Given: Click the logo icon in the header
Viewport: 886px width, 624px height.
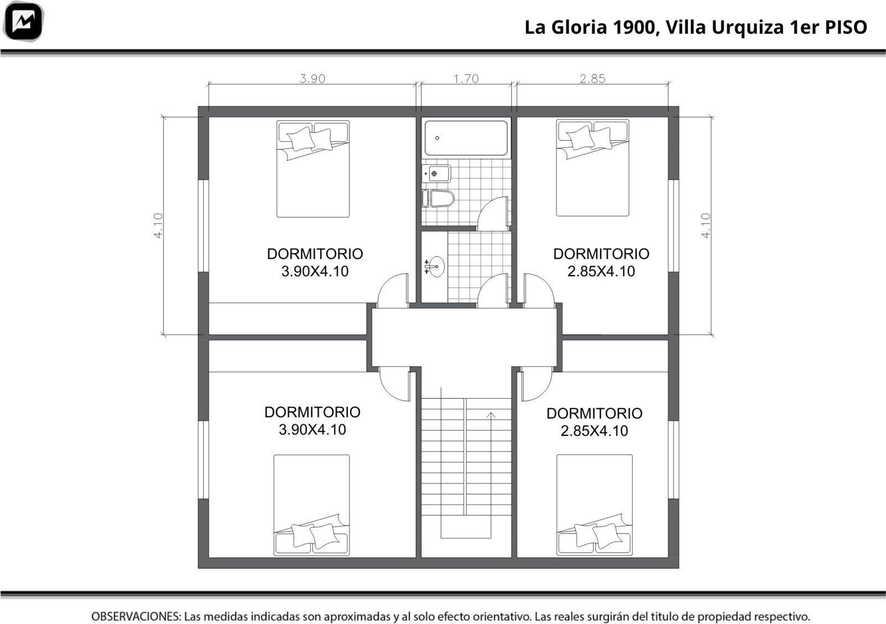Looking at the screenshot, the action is [23, 22].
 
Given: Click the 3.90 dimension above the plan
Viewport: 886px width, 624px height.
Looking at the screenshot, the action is [312, 79].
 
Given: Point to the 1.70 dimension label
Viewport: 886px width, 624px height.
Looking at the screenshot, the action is [466, 79].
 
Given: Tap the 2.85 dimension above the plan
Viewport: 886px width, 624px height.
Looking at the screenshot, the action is [593, 79].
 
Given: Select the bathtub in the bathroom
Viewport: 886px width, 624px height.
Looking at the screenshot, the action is [466, 138].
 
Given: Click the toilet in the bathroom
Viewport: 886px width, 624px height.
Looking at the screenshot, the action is [438, 199].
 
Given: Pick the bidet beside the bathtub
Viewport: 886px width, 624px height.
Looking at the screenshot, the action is [436, 174].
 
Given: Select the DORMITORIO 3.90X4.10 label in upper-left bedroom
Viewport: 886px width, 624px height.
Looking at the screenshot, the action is [315, 262].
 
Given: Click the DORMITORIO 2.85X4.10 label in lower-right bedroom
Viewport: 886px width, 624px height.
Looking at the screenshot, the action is [594, 422].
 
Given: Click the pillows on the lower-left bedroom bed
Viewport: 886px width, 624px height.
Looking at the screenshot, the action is [316, 536].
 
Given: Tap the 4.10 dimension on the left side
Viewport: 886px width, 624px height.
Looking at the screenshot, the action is [158, 226].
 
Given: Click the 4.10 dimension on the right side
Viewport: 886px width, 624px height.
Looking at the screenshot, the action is [705, 226].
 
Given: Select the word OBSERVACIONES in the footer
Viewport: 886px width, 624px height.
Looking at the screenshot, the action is [136, 616].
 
